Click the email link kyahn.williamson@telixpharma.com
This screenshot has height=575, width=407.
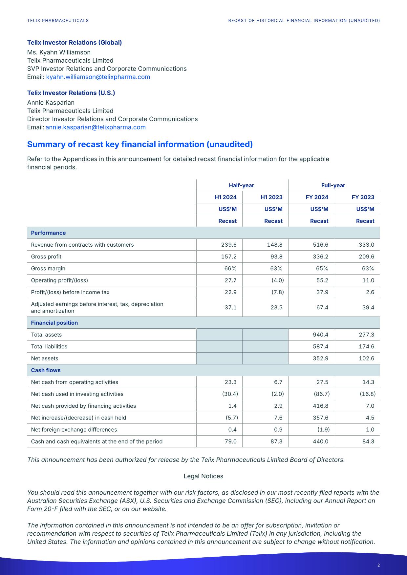point(98,77)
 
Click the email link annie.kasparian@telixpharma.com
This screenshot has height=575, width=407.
point(96,127)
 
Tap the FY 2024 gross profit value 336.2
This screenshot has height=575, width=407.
point(320,257)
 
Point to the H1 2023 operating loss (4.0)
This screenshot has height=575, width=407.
point(277,280)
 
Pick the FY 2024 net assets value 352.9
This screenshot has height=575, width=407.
point(320,359)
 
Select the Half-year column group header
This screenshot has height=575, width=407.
point(241,185)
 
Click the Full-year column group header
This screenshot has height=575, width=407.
point(333,185)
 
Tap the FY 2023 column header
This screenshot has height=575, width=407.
point(363,197)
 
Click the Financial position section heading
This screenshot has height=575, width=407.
point(54,323)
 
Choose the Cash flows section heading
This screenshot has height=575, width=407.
point(46,370)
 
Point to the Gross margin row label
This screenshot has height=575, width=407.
point(48,269)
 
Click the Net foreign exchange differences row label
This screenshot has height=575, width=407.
point(74,430)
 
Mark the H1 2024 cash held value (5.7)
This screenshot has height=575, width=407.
point(230,418)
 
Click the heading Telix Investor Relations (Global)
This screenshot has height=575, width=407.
point(75,43)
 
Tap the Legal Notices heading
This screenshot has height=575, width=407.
point(203,476)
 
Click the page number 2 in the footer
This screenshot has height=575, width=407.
point(378,565)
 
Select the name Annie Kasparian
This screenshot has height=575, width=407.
point(51,103)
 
